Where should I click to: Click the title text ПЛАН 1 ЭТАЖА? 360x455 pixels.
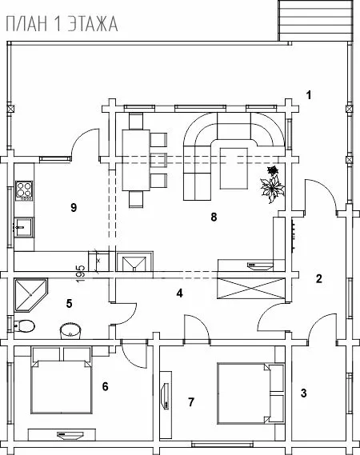(x=62, y=24)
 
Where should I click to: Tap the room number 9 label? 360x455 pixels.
(x=74, y=207)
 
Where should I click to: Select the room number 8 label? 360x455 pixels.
(x=214, y=217)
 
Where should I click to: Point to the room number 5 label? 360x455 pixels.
(x=69, y=303)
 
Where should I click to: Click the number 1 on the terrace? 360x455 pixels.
(x=309, y=95)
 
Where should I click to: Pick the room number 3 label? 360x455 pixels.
(x=303, y=393)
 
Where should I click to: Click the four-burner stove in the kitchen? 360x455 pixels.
(x=24, y=190)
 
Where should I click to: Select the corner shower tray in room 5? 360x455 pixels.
(x=30, y=295)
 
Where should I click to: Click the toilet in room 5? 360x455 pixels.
(x=24, y=326)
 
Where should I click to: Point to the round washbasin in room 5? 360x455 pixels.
(x=70, y=331)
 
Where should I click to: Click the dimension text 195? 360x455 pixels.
(x=81, y=273)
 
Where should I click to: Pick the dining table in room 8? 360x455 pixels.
(x=136, y=160)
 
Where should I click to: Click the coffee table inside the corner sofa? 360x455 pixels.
(x=234, y=168)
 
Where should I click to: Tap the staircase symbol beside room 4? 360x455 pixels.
(x=251, y=288)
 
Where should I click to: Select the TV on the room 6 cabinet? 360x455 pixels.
(x=70, y=435)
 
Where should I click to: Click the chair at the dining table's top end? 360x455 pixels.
(x=136, y=122)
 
